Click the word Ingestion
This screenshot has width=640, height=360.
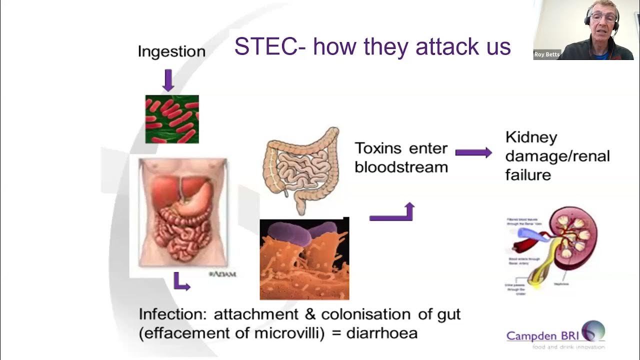pyautogui.click(x=171, y=51)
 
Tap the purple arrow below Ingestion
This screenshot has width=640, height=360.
pyautogui.click(x=168, y=80)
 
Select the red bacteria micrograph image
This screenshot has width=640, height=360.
pyautogui.click(x=172, y=119)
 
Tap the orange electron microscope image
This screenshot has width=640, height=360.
pyautogui.click(x=304, y=258)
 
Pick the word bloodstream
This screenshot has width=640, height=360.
pyautogui.click(x=401, y=167)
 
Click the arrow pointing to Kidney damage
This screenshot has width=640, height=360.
pyautogui.click(x=473, y=152)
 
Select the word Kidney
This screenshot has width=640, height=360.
pyautogui.click(x=531, y=137)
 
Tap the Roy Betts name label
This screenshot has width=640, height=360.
pyautogui.click(x=547, y=55)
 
